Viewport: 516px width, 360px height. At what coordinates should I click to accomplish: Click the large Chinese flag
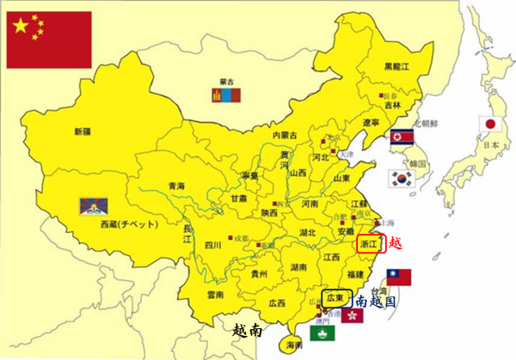coord(48,39)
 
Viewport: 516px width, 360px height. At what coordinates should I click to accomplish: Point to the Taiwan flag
coord(398,277)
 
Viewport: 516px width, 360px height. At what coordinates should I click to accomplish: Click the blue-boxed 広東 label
coord(336,297)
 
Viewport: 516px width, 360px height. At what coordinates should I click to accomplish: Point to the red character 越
coord(395,243)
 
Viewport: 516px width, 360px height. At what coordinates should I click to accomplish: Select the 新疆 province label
coord(82,131)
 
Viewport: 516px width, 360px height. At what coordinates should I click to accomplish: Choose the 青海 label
coord(176,186)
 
